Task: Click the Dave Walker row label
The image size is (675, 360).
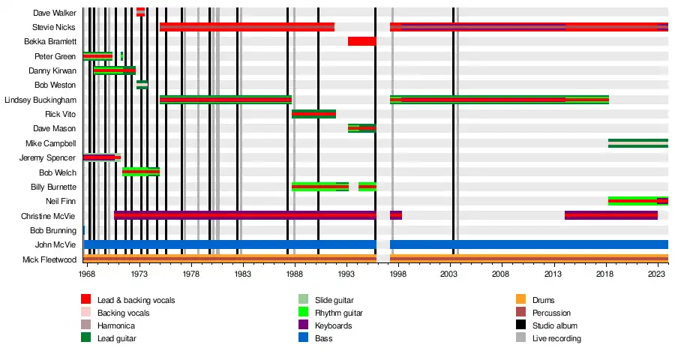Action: tap(55, 13)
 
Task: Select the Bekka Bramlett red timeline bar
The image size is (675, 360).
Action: tap(361, 41)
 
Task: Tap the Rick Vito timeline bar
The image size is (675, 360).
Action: tap(313, 114)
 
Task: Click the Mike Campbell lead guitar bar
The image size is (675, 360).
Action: tap(637, 143)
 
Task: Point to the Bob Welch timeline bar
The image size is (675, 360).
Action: tap(141, 172)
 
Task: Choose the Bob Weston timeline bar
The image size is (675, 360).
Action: tap(142, 85)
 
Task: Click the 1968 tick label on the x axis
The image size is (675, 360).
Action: tap(87, 275)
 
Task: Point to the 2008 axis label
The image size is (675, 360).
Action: tap(502, 275)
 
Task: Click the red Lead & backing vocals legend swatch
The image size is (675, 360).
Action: tap(86, 300)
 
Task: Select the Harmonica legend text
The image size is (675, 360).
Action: tap(115, 325)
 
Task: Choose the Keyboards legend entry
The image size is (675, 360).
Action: tap(329, 325)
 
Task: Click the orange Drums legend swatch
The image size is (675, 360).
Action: tap(521, 300)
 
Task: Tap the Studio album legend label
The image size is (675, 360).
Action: tap(555, 325)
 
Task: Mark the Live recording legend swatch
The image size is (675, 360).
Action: tap(521, 338)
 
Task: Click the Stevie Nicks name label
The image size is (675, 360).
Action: tap(55, 27)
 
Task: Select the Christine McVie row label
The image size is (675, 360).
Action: tap(52, 215)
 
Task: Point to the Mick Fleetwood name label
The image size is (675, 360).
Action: tap(50, 259)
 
